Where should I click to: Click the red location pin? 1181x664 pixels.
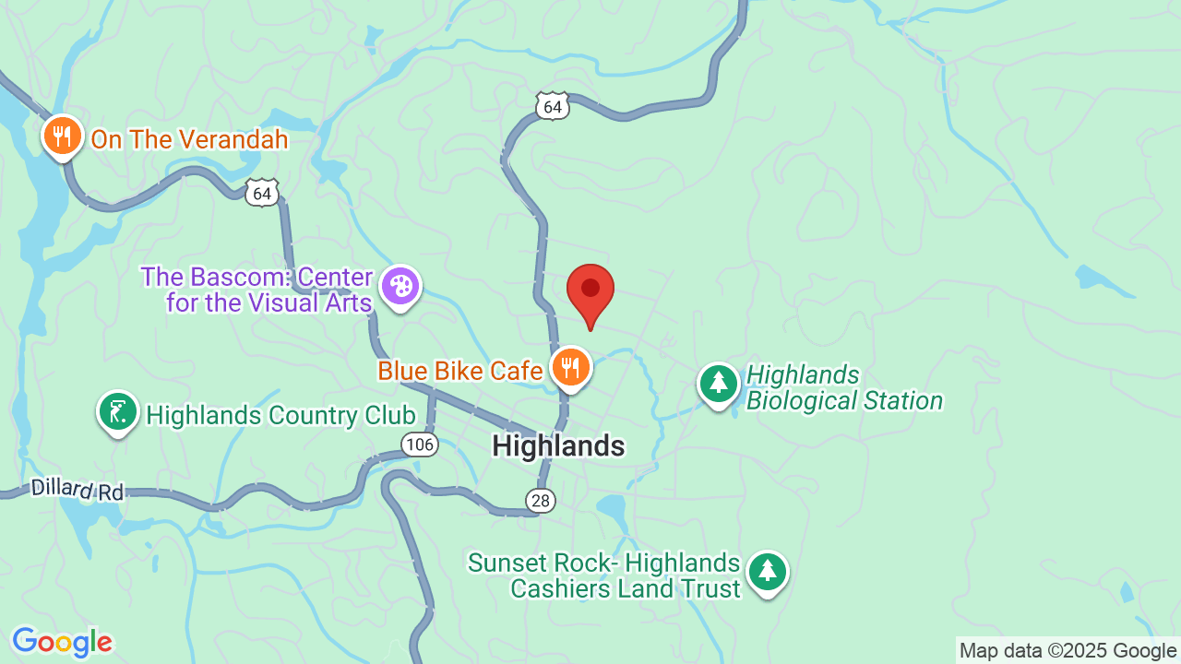pos(590,290)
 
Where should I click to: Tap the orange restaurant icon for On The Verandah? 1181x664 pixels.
pos(62,137)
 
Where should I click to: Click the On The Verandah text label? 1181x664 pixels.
pos(189,140)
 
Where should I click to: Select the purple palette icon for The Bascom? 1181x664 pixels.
pos(400,287)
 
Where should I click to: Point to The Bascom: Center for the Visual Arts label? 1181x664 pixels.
pos(257,290)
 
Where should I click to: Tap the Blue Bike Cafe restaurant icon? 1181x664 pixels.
pos(571,368)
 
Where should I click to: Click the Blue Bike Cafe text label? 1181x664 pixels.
pos(460,371)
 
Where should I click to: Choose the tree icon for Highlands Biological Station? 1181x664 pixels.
pos(719,385)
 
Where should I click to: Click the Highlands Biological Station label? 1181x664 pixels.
pos(843,388)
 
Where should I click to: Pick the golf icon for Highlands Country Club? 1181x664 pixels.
pos(118,413)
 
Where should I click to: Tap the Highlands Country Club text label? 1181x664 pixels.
pos(280,416)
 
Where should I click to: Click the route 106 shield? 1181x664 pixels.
pos(420,445)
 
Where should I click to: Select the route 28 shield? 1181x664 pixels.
pos(541,501)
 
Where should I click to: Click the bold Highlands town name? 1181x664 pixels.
pos(558,446)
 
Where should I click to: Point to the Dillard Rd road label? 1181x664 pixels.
pos(77,489)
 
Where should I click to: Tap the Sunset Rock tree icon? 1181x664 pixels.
pos(767,573)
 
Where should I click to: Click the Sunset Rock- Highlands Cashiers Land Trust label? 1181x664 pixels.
pos(605,575)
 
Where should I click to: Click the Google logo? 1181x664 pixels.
pos(62,642)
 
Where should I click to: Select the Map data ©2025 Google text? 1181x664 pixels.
pos(1068,651)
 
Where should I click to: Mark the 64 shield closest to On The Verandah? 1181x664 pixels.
pos(263,193)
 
